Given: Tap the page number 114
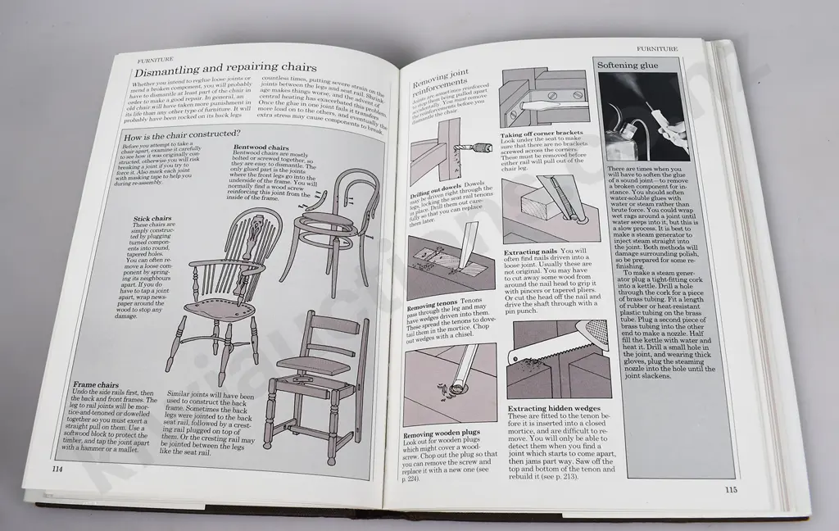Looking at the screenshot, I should [x=57, y=468].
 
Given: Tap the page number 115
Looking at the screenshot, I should [x=733, y=490].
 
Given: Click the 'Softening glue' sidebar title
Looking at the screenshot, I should [x=632, y=64].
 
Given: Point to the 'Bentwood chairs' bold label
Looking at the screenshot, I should [x=261, y=148].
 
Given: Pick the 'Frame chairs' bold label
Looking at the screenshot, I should [x=97, y=383].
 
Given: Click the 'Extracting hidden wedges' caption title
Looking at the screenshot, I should [x=554, y=408].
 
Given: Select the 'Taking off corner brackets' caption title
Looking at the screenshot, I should [x=542, y=133].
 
